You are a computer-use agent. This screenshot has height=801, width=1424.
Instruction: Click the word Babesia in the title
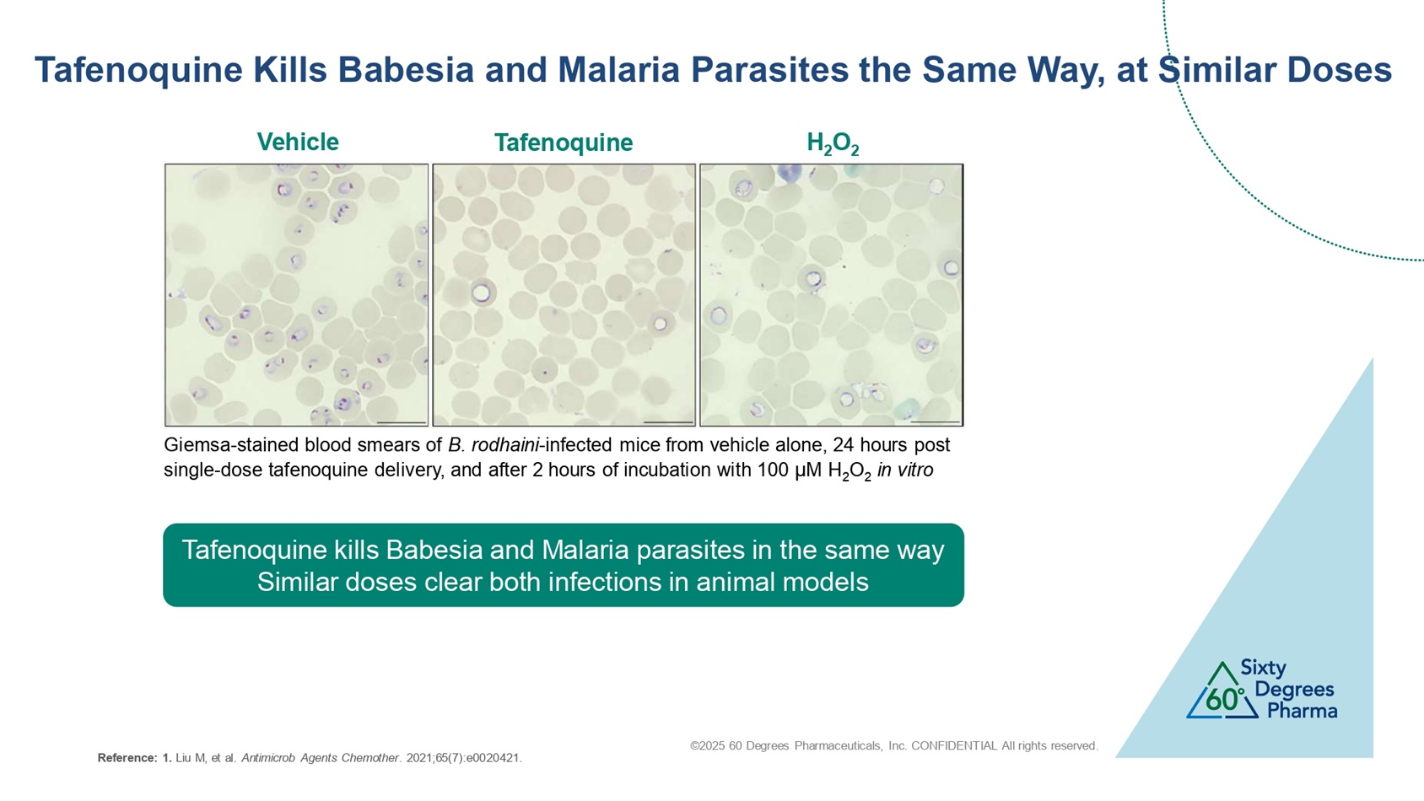(x=406, y=69)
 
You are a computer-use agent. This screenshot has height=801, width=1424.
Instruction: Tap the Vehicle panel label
(x=298, y=142)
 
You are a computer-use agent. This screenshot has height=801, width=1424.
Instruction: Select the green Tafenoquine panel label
(x=564, y=142)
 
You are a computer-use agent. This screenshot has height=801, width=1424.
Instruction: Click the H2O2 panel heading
(x=833, y=143)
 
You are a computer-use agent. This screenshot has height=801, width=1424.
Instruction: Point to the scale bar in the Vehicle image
(x=402, y=422)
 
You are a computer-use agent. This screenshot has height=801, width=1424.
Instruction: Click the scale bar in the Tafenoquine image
(x=668, y=422)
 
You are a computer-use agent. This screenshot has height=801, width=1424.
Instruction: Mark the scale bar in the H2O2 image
(x=936, y=422)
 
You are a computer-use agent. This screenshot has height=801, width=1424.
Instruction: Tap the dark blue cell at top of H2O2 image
(x=789, y=171)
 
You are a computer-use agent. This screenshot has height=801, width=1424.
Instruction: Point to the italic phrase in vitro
(x=905, y=470)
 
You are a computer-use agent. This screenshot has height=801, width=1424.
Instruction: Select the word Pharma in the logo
(x=1302, y=710)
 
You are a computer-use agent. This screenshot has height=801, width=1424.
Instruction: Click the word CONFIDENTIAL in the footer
(x=953, y=745)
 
